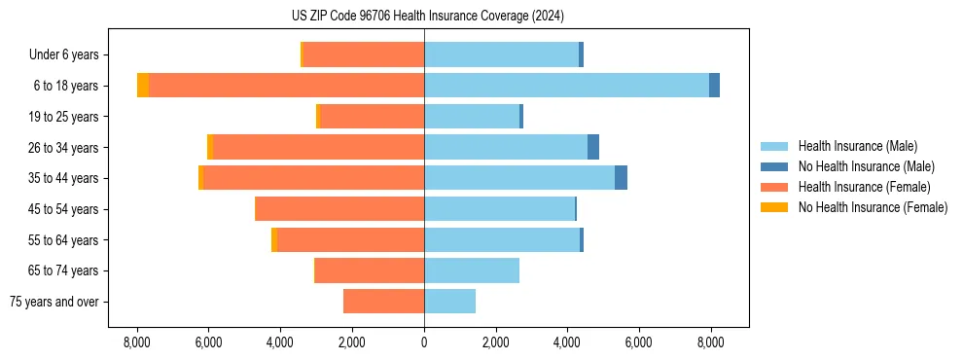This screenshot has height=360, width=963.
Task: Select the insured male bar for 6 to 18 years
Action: [x=566, y=86]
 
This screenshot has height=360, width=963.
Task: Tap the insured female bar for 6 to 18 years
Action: [x=286, y=86]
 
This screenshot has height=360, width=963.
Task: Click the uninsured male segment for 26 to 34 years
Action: [x=593, y=147]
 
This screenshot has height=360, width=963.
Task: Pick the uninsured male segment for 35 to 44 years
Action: [x=621, y=178]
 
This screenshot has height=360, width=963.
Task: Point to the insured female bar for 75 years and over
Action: [x=383, y=302]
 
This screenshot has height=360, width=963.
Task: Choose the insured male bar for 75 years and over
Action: [x=449, y=302]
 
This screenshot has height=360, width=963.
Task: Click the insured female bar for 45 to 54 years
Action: [x=339, y=209]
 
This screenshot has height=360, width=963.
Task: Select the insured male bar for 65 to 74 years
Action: [x=472, y=270]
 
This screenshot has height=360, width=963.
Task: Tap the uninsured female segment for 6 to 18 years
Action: [x=143, y=86]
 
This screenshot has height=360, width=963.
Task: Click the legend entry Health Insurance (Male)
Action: [x=857, y=146]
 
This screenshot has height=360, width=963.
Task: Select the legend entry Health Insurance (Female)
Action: [x=864, y=187]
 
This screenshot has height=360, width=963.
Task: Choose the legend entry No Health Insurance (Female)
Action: [x=873, y=207]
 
